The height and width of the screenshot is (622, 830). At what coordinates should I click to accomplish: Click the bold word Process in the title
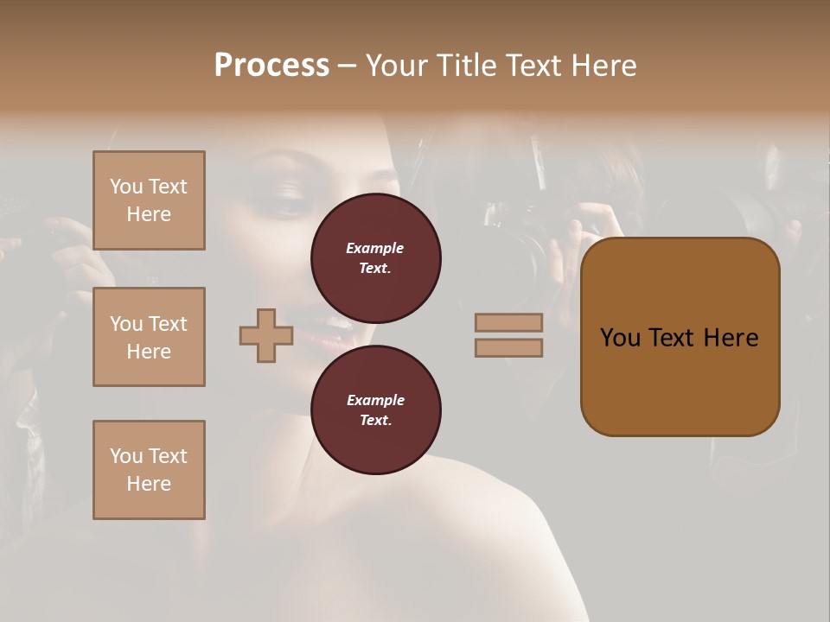tap(271, 66)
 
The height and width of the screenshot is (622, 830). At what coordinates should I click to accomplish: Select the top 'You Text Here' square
tap(149, 200)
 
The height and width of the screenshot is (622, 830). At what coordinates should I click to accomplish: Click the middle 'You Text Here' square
tap(149, 337)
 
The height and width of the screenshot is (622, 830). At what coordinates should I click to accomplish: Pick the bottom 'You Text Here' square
tap(149, 470)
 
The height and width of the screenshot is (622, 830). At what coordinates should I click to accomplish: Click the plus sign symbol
tap(266, 335)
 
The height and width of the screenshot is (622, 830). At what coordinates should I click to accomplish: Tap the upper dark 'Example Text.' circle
tap(375, 257)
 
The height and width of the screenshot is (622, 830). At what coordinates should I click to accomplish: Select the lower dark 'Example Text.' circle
tap(375, 409)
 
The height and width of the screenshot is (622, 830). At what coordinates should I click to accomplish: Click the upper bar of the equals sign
tap(508, 322)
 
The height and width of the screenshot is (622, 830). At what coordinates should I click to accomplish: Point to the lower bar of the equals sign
tap(508, 347)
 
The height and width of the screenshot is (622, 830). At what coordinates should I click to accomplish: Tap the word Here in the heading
tap(604, 66)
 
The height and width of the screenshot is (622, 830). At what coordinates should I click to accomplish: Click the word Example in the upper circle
tap(375, 248)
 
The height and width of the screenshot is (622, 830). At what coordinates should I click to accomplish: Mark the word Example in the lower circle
tap(375, 400)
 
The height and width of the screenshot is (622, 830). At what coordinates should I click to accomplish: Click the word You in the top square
tap(125, 187)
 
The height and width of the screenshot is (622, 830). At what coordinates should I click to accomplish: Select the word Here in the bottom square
tap(149, 484)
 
